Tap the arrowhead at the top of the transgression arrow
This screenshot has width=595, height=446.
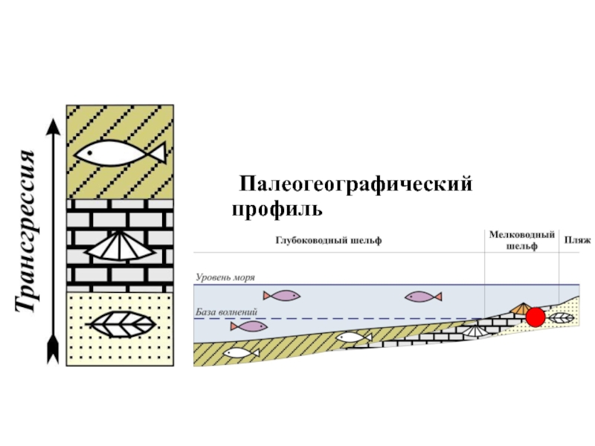53,127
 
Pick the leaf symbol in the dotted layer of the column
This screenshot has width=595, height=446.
121,325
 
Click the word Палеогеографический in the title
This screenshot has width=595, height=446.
356,183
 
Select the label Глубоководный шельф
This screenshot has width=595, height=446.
329,241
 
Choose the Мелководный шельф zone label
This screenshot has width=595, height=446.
522,240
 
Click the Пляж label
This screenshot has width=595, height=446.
577,241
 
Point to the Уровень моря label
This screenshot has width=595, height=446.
225,277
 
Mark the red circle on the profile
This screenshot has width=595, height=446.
535,318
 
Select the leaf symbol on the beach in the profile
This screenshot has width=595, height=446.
560,317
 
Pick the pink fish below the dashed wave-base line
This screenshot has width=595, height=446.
248,326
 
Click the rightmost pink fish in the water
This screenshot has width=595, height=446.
422,297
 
